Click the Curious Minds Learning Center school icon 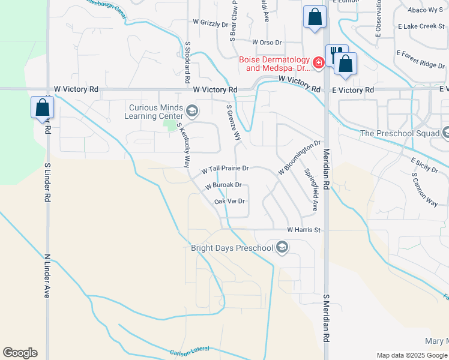tap(192, 110)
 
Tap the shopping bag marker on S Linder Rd tap(42, 108)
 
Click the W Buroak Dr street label tap(223, 186)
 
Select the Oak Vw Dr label tap(229, 202)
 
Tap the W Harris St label tap(304, 230)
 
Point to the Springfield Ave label tap(311, 189)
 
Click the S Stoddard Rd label tap(187, 62)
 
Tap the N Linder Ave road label tap(47, 275)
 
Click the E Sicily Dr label tap(424, 166)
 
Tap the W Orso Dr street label tap(267, 43)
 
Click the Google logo tap(20, 353)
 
